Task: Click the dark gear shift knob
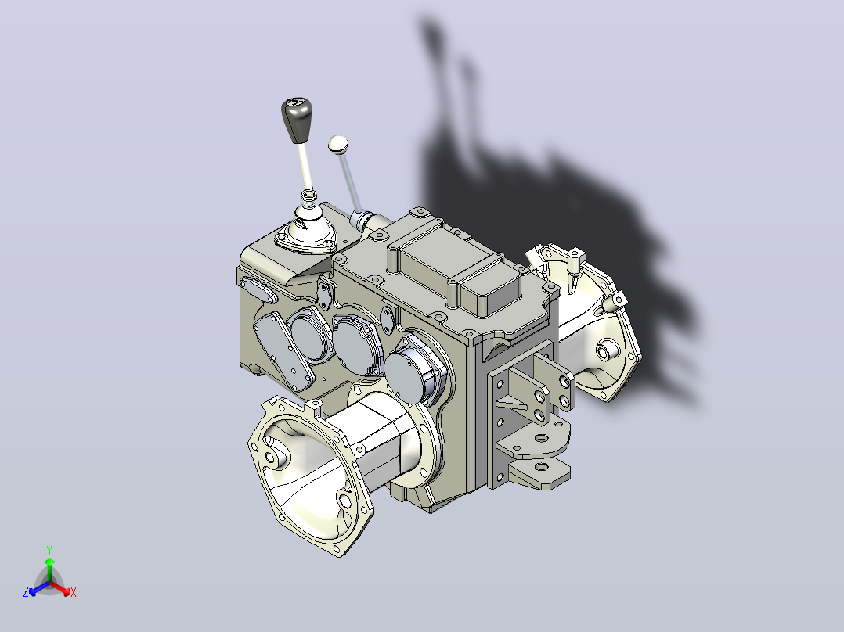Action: tap(296, 119)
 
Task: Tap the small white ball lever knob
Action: tap(338, 144)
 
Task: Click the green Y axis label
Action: tap(49, 550)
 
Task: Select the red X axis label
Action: tap(74, 592)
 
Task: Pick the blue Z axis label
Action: tap(26, 592)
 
